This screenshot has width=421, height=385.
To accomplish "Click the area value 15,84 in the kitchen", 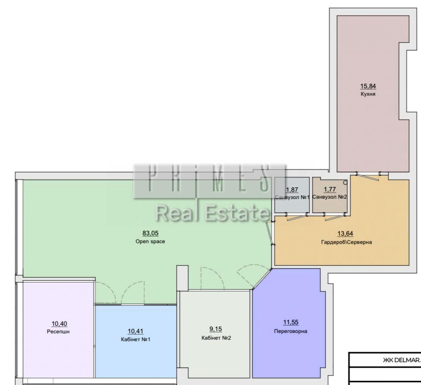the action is coord(368,86).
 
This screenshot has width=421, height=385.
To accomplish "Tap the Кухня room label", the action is coord(368,94).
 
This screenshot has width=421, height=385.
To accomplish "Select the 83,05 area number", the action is coord(151,233).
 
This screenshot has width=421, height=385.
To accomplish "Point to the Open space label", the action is coord(150,241).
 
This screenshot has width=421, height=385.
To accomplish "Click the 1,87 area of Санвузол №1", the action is coord(292,190).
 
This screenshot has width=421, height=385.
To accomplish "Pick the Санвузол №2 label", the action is coord(329,197).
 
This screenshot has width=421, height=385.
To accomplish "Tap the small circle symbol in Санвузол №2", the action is coord(345,183).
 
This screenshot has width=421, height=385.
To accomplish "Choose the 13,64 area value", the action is coord(345,233).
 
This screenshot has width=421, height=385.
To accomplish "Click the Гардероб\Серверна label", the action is coord(346,242).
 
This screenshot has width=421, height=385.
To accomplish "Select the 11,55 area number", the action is coord(291,322).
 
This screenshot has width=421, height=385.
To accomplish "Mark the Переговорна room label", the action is coord(291,331).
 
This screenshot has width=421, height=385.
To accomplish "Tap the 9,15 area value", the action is coord(215,329).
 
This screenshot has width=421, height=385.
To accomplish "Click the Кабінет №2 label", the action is coord(216,338).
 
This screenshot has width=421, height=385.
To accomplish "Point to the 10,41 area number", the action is coord(136,331).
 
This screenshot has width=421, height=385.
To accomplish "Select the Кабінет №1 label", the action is coord(136,339).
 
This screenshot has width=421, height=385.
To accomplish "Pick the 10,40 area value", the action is coord(59,324).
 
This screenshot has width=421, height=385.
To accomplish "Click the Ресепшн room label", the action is coord(58,332).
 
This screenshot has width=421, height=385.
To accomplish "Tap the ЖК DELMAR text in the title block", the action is coord(402,360).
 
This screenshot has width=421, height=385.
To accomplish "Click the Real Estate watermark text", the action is coord(212,213).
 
